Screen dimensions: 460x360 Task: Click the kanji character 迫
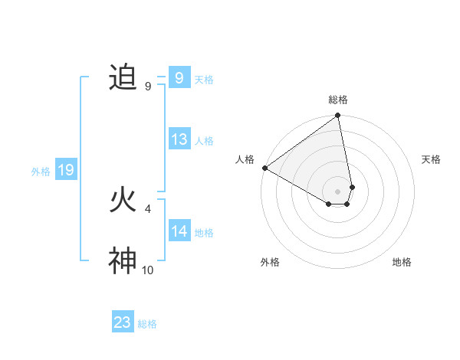(123, 77)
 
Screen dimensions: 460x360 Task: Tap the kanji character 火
(123, 201)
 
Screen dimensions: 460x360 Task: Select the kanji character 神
(123, 261)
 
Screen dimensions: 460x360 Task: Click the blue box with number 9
(179, 77)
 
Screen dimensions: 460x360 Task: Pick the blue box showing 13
(179, 139)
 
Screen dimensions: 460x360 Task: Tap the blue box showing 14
(179, 231)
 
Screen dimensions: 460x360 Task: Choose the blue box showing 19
(66, 170)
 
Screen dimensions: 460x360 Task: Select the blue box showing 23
(123, 322)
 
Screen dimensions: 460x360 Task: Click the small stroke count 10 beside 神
(148, 270)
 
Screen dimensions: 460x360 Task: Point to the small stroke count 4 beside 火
(148, 208)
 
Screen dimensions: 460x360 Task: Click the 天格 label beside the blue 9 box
(204, 80)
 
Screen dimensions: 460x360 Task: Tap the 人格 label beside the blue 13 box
(204, 141)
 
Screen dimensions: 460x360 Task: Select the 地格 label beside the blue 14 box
(204, 233)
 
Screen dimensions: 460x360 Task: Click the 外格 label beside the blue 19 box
(41, 172)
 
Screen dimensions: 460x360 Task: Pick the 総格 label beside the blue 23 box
(147, 324)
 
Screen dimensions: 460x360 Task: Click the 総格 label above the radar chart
(338, 100)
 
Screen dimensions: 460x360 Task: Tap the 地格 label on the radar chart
(402, 262)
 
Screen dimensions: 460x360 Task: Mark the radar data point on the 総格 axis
(338, 116)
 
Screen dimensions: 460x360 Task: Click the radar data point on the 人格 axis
(264, 168)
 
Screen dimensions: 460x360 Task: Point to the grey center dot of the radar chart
(338, 191)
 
